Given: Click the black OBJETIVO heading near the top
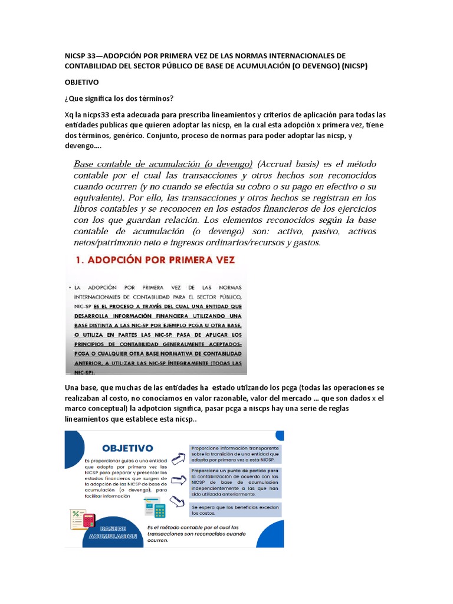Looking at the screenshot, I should pos(81,83).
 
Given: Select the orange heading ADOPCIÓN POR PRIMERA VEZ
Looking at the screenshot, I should pos(153,260).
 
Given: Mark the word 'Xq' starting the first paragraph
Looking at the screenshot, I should pos(70,114).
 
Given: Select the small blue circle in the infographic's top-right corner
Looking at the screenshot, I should pos(280,435).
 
